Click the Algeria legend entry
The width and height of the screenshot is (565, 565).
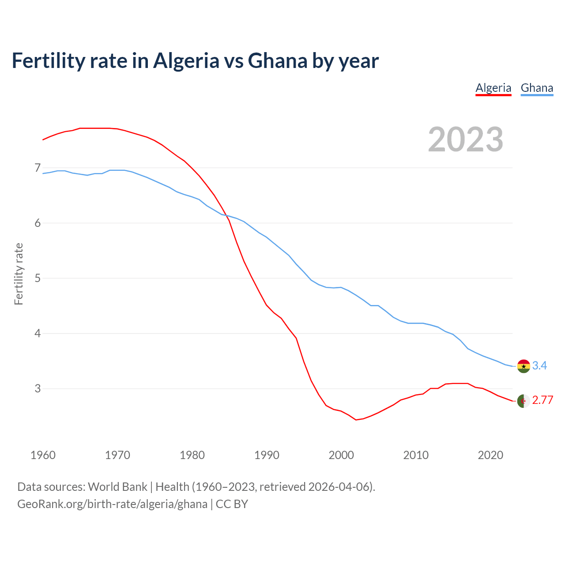493,88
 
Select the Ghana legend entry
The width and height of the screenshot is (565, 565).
537,88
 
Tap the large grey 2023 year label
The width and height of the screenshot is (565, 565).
466,139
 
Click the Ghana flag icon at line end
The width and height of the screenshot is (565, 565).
524,366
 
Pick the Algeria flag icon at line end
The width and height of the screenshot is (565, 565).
524,401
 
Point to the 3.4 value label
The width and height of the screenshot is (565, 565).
539,365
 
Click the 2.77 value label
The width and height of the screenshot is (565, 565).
542,400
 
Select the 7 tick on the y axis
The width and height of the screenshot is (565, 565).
38,168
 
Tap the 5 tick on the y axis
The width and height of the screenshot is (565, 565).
38,278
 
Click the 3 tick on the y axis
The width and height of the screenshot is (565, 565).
38,388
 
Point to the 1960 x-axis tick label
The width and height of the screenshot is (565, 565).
43,455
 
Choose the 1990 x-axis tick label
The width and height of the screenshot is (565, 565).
267,455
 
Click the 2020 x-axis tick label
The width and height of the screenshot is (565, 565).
490,455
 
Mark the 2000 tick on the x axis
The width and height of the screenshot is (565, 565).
341,455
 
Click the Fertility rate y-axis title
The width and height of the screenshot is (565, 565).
19,274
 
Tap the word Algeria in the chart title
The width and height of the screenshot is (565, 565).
186,60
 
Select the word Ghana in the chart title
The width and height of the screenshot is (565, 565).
278,60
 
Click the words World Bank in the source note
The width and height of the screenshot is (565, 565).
117,487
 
